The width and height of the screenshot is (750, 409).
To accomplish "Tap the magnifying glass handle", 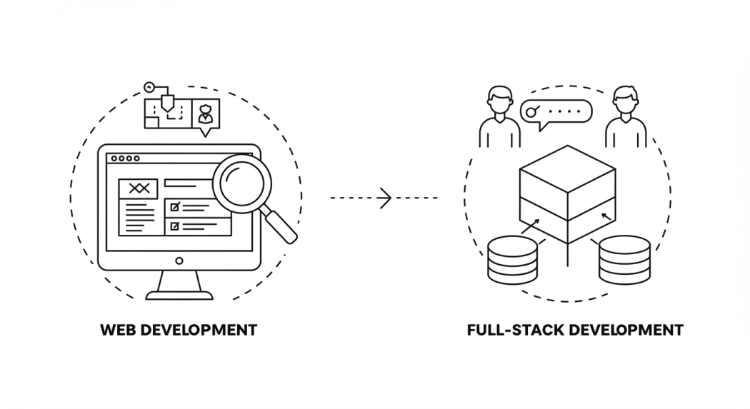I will [281, 226].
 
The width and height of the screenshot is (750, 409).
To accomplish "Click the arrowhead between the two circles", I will [386, 198].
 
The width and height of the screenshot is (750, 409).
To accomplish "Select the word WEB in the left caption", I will [117, 330].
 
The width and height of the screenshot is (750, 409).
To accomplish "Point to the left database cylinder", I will [512, 260].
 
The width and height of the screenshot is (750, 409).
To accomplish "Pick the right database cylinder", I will [624, 260].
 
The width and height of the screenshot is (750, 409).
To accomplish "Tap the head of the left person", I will [499, 99].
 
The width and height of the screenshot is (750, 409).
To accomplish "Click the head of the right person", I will [626, 99].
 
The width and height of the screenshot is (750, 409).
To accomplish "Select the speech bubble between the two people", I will [557, 112].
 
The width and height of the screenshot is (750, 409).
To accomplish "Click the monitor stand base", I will [179, 293].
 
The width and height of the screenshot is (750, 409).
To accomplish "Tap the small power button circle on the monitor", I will [179, 261].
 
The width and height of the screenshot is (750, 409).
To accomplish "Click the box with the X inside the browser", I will [139, 188].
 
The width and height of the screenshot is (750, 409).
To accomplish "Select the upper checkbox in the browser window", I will [174, 207].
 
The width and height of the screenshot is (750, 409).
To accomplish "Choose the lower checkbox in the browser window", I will [174, 227].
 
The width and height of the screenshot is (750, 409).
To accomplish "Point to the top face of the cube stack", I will [567, 168].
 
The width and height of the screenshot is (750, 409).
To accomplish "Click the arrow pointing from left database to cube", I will [530, 227].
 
